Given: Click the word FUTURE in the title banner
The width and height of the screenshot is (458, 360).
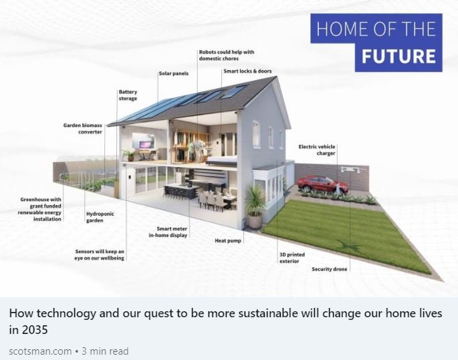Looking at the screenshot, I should (398, 55).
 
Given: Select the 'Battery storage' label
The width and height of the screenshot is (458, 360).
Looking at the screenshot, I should (128, 95).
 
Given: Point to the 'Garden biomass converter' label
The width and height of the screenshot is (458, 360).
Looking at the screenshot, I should (83, 128).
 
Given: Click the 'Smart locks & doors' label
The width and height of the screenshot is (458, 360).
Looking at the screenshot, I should (247, 71).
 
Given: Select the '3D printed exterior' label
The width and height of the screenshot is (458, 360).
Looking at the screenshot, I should (289, 258).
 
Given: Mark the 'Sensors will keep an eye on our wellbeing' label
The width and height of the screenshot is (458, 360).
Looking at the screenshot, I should (100, 254).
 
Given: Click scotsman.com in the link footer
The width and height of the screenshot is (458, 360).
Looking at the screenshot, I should (40, 351).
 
